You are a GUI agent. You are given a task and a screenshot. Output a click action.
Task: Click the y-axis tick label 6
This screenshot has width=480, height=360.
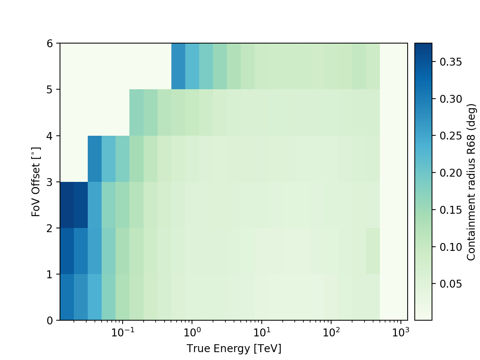pyautogui.click(x=50, y=43)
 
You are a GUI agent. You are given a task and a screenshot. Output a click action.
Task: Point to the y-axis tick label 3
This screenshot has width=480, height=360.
pyautogui.click(x=50, y=182)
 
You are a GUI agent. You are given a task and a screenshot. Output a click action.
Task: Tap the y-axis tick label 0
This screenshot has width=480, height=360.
pyautogui.click(x=50, y=321)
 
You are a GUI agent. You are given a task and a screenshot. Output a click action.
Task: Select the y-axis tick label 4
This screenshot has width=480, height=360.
pyautogui.click(x=50, y=136)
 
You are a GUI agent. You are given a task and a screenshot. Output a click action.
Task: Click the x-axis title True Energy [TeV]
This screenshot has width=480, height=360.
pyautogui.click(x=234, y=349)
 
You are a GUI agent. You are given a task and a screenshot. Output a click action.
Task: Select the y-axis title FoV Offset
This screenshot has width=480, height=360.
pyautogui.click(x=36, y=182)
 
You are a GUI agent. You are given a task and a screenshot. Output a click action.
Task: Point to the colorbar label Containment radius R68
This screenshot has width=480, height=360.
pyautogui.click(x=471, y=182)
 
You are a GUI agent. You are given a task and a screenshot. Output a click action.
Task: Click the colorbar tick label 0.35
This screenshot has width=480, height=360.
pyautogui.click(x=451, y=62)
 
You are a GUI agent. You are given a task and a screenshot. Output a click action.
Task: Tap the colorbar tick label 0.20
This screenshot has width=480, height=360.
pyautogui.click(x=451, y=173)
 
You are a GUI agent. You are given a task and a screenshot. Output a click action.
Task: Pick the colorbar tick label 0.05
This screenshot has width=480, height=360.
pyautogui.click(x=451, y=284)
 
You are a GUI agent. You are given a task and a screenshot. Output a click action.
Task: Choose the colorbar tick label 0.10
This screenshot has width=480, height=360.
pyautogui.click(x=451, y=247)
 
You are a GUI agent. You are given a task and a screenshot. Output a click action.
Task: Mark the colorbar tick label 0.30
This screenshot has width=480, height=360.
pyautogui.click(x=451, y=99)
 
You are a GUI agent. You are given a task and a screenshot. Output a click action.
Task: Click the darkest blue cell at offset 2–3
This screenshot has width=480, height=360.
pyautogui.click(x=67, y=205)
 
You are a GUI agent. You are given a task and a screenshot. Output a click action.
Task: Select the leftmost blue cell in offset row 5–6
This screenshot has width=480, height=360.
pyautogui.click(x=178, y=66)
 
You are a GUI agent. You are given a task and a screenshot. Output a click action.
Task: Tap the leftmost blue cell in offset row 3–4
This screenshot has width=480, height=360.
pyautogui.click(x=94, y=159)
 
